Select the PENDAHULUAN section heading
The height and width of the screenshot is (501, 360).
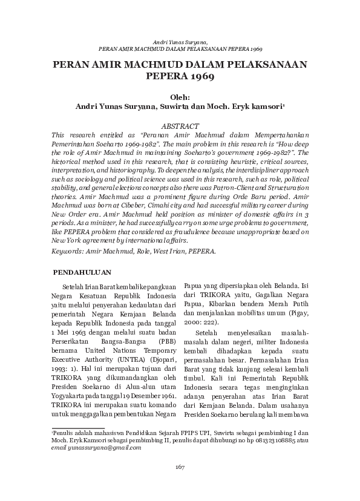point(81,272)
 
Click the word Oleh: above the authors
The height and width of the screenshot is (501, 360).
point(180,96)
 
